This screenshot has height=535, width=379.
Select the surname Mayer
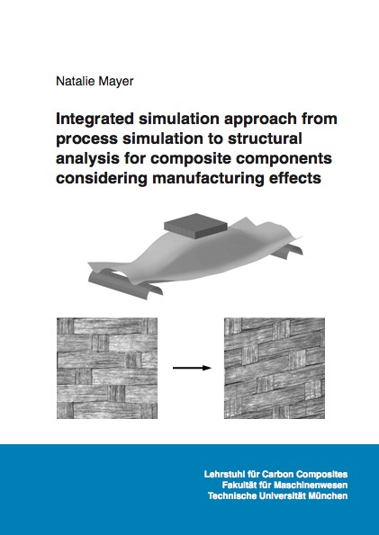point(117,82)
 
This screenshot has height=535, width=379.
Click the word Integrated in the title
point(95,120)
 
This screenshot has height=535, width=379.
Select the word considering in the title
point(102,179)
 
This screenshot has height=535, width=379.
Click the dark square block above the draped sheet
point(196,225)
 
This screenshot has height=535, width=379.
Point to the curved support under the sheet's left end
point(125,284)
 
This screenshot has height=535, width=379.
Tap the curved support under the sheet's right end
point(287,251)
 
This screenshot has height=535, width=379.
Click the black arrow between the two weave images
point(192,368)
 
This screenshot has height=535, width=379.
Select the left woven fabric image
point(107,368)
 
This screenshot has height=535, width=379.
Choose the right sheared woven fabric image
point(275,368)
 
